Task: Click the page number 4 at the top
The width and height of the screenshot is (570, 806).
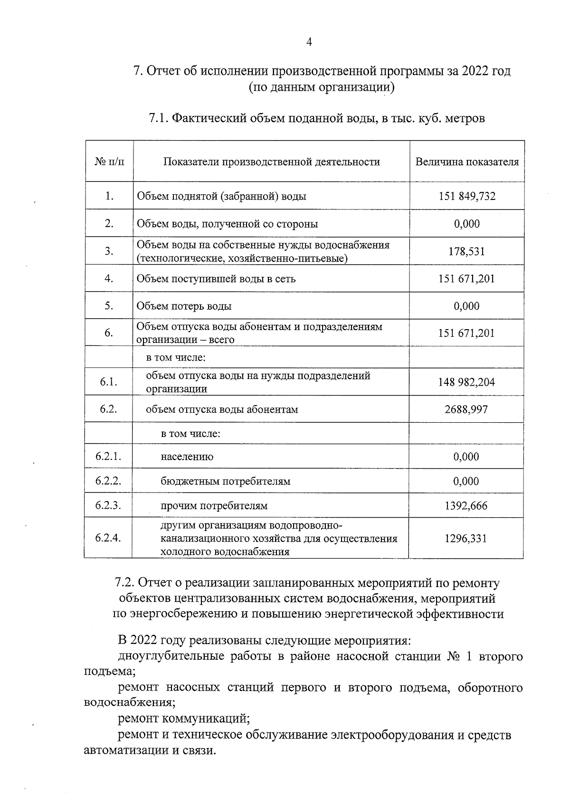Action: point(309,42)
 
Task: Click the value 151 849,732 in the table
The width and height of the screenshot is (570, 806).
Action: point(467,196)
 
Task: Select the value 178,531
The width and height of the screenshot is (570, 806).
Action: point(467,251)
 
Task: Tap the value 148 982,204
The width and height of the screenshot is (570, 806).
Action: point(466,382)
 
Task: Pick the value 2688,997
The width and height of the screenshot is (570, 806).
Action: point(466,409)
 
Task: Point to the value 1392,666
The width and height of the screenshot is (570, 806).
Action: point(466,506)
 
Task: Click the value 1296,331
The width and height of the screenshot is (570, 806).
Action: point(466,538)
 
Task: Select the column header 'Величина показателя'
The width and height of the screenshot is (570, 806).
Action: point(467,162)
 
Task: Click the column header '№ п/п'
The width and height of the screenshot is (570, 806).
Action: point(109,162)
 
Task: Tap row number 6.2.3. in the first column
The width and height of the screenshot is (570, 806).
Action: point(108,505)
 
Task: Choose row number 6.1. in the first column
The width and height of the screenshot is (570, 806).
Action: point(109,382)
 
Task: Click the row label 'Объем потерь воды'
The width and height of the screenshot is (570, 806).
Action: point(184,306)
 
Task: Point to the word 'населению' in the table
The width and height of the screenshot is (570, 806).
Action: point(187,457)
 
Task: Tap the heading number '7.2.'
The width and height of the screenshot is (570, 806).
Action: point(126,583)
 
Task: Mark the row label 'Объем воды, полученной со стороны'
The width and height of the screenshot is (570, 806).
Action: point(227,224)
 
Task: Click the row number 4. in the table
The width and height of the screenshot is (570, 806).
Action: point(109,278)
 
